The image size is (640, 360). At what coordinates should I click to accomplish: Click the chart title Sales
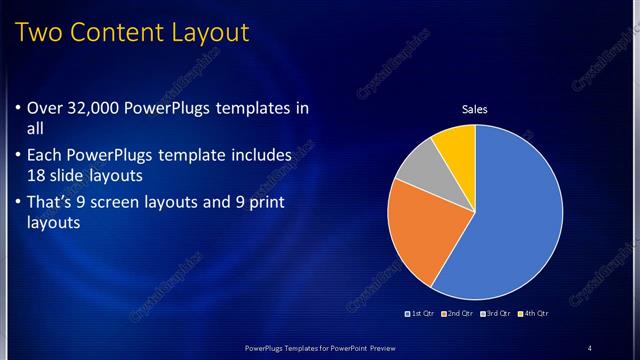(474, 109)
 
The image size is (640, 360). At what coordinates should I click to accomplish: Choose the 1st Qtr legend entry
(419, 314)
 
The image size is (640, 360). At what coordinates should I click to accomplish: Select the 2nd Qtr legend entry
(457, 314)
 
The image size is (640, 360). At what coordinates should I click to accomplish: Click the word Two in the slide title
(41, 33)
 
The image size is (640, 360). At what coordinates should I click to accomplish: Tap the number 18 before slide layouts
(37, 174)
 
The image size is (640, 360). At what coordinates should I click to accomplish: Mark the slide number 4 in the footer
(590, 348)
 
